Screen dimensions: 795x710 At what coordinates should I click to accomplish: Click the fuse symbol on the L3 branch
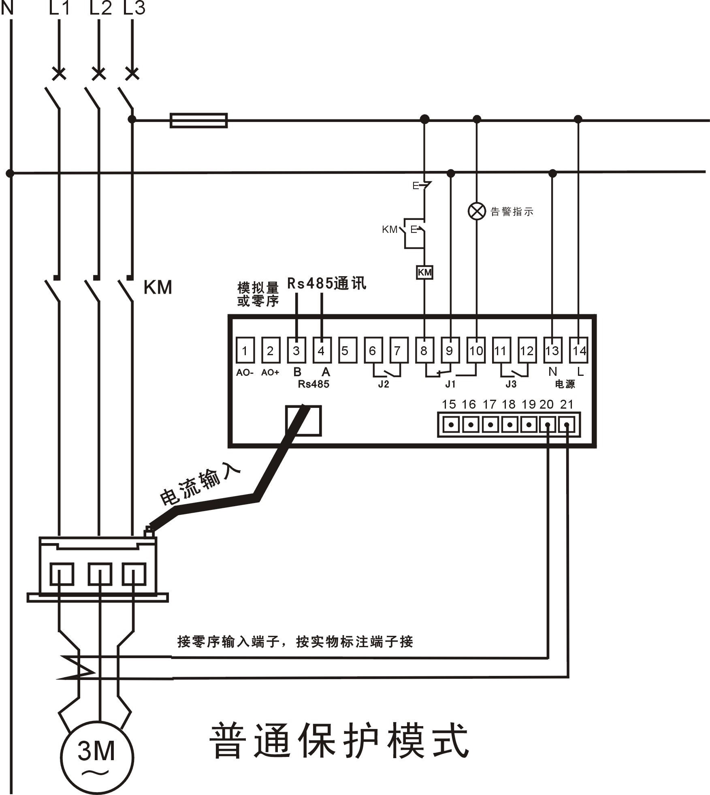click(x=198, y=120)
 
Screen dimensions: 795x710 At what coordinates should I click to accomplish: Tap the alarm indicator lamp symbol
click(x=477, y=211)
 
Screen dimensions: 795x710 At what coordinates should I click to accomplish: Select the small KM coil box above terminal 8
click(x=424, y=272)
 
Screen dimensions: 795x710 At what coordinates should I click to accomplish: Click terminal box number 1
click(x=245, y=350)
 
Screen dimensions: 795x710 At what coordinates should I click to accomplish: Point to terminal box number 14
click(x=578, y=350)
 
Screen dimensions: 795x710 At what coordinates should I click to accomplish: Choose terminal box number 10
click(x=476, y=350)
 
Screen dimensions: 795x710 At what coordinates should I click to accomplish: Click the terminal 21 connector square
click(x=567, y=425)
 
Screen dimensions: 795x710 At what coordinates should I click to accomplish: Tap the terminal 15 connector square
click(x=451, y=425)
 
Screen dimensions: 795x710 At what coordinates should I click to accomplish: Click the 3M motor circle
click(x=97, y=757)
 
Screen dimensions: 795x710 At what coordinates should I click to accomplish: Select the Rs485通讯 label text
click(x=326, y=283)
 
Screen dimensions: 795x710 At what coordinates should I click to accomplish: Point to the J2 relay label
click(x=383, y=384)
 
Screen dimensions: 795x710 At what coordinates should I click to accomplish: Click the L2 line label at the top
click(x=100, y=8)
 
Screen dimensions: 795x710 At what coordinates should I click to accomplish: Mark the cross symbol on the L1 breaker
click(x=59, y=74)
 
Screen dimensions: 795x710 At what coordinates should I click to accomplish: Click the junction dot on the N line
click(x=10, y=173)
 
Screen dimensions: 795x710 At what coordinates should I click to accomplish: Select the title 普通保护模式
click(x=339, y=740)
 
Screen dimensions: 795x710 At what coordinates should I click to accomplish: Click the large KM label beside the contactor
click(x=158, y=288)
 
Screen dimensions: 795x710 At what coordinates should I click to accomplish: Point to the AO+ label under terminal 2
click(x=270, y=373)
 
